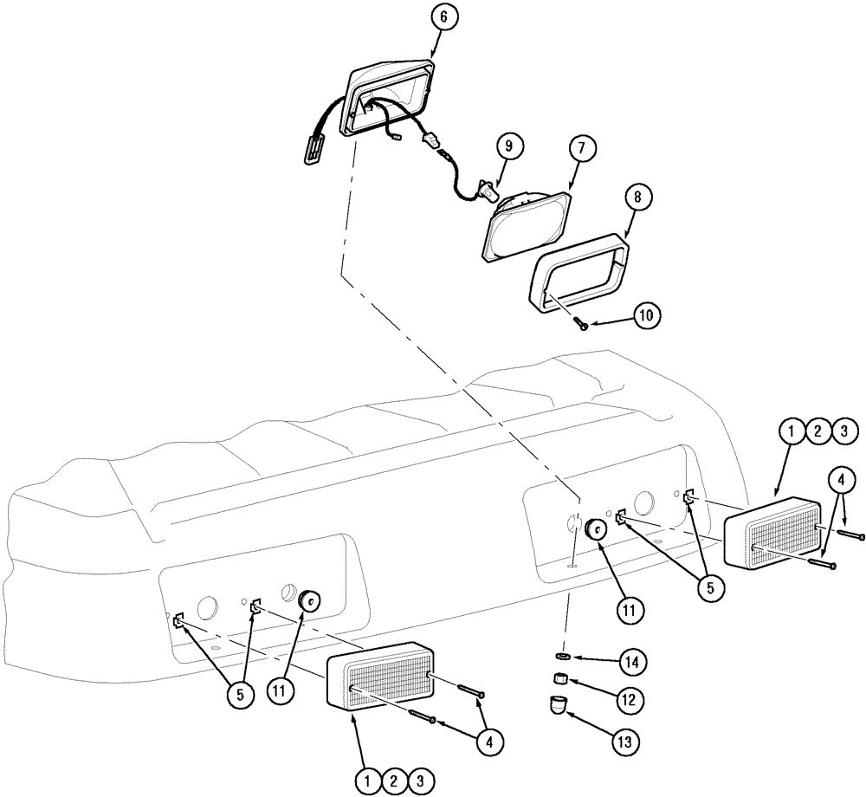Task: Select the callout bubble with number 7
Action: (x=582, y=148)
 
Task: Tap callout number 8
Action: (x=637, y=197)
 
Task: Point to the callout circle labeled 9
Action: (x=508, y=146)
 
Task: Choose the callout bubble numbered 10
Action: (x=645, y=317)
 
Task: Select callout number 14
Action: (x=633, y=662)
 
